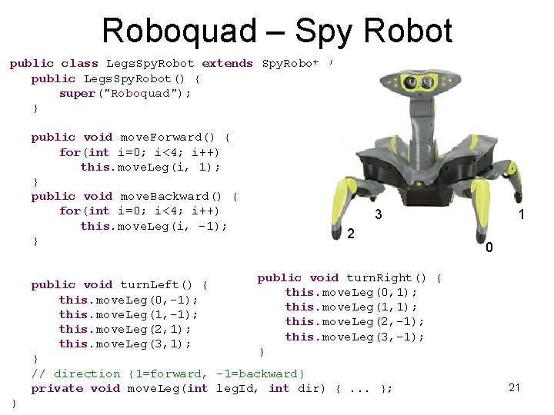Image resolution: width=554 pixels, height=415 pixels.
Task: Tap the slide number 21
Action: tap(515, 387)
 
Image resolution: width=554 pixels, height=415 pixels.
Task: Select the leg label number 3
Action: tap(378, 215)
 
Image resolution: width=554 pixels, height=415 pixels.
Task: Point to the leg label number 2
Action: tap(350, 234)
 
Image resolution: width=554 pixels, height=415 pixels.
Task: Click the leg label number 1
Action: tap(522, 216)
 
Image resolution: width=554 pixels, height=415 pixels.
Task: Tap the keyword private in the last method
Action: tap(57, 388)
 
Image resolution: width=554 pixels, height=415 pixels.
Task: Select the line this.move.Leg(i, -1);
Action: tap(154, 226)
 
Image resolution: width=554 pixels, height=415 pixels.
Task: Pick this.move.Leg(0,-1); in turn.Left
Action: tap(128, 300)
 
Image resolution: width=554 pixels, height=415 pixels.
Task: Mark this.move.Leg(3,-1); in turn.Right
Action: tap(355, 337)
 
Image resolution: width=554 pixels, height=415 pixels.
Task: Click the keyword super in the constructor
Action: tap(77, 93)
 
